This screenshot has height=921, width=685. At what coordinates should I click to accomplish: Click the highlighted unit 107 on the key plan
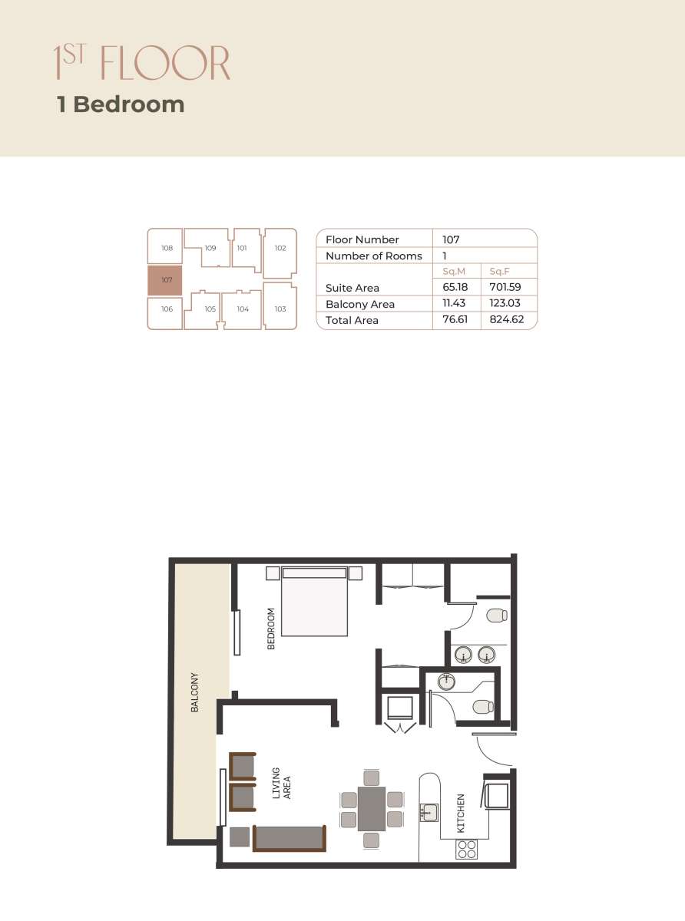tap(165, 281)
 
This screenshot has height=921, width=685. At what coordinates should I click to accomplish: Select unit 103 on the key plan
tap(280, 309)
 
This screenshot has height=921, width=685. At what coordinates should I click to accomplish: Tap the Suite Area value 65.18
tap(455, 287)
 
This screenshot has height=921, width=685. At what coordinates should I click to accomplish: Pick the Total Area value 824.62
tap(507, 319)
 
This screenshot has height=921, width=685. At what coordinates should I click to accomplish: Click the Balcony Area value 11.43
tap(455, 303)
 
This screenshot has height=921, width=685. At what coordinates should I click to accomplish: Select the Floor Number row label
tap(362, 239)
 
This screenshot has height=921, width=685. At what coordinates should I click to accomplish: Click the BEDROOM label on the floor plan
tap(271, 629)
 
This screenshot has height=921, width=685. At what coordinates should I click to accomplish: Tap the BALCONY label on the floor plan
tap(195, 692)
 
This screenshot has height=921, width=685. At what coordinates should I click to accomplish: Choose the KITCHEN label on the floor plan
tap(461, 814)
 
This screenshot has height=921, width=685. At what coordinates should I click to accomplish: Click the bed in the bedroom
tap(315, 602)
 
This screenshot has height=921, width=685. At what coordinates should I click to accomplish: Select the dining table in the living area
tap(372, 809)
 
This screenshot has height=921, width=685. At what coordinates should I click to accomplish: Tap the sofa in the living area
tap(289, 838)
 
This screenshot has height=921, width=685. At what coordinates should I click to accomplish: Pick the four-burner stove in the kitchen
tap(467, 848)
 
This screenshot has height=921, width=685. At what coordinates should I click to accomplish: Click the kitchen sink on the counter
tap(429, 812)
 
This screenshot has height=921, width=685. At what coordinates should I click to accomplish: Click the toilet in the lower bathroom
tap(482, 707)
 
